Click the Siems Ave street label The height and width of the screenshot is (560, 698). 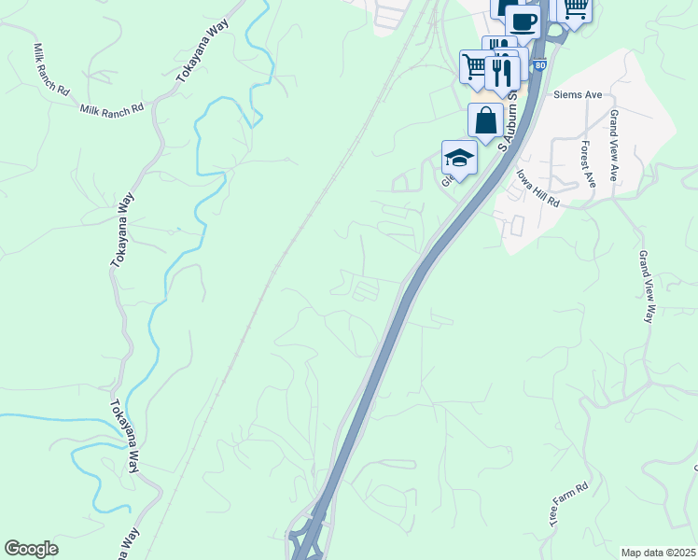point(578,95)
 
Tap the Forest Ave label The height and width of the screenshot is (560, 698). point(587,164)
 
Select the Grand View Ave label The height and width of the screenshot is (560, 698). point(615,145)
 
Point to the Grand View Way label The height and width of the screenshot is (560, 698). point(646,287)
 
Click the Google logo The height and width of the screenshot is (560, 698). point(31,549)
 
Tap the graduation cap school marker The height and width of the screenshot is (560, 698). point(459,158)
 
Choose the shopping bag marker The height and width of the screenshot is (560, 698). point(485,120)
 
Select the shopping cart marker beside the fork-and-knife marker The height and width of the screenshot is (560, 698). point(476,66)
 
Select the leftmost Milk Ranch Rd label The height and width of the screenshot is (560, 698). point(50,71)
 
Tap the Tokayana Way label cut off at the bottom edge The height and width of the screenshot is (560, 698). point(128,545)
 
